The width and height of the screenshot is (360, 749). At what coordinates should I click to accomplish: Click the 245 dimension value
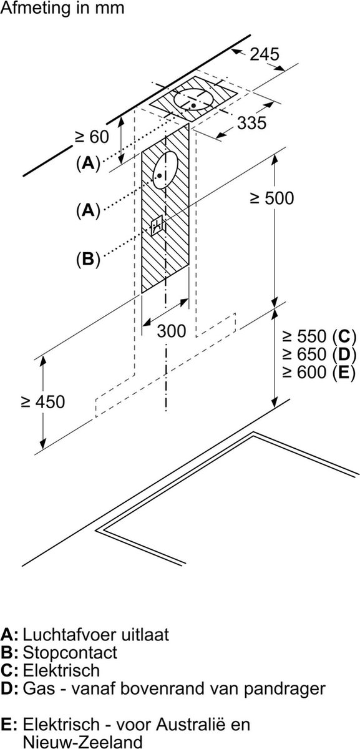click(265, 54)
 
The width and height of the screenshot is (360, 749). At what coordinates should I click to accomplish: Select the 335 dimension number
click(251, 123)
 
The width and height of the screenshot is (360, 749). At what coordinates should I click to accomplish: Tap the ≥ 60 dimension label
click(92, 137)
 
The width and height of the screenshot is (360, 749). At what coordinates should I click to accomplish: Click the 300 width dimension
click(172, 331)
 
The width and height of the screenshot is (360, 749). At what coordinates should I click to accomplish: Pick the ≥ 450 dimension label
click(42, 401)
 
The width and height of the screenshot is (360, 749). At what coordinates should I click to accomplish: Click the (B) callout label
click(88, 259)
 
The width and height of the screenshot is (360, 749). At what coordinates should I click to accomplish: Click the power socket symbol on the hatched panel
click(157, 226)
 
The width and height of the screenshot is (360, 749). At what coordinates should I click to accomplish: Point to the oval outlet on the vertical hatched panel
click(165, 170)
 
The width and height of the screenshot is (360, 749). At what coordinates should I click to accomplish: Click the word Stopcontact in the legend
click(70, 652)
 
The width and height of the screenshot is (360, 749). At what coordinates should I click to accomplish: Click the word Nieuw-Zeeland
click(82, 741)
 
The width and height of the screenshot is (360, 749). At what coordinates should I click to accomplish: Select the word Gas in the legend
click(39, 688)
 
